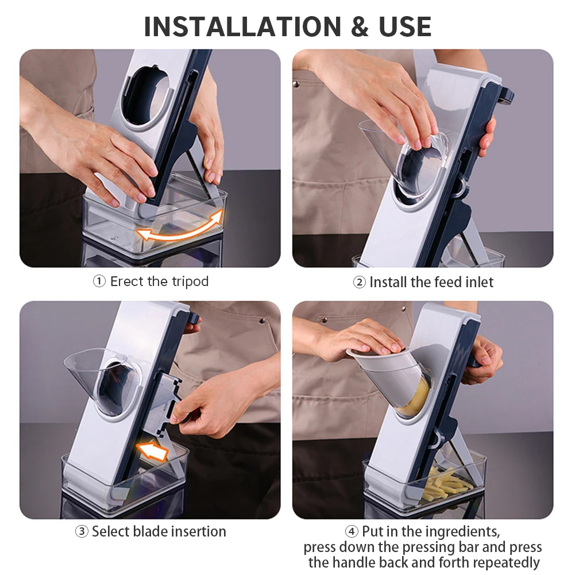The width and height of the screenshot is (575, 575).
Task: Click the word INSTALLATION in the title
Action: click(x=243, y=27)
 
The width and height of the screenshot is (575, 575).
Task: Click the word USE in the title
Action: click(x=405, y=27)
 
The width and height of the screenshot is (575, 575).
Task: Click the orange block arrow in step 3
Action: click(x=153, y=450)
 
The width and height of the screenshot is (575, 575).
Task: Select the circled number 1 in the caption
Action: click(x=99, y=281)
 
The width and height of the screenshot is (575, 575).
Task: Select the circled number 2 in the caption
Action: click(x=360, y=283)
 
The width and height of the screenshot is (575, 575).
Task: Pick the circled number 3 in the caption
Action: click(x=82, y=531)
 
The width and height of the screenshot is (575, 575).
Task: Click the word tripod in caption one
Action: click(x=190, y=282)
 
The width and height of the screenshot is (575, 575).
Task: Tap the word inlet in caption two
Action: click(x=479, y=283)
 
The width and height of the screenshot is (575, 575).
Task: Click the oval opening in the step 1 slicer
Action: click(x=149, y=96)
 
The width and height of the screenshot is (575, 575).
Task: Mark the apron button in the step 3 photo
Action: click(x=262, y=321)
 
